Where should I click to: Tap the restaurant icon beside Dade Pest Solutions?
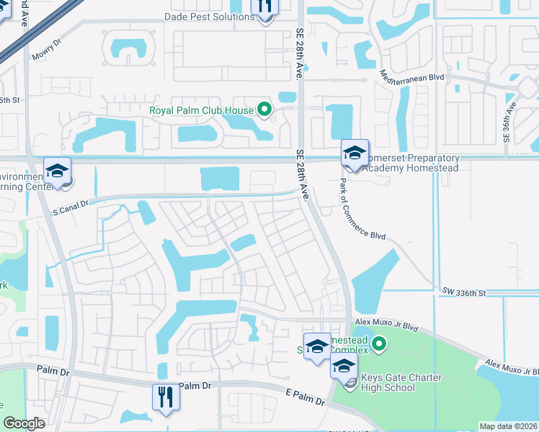tap(265, 8)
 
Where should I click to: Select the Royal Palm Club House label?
tap(201, 110)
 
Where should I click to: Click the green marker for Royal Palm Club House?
tap(264, 110)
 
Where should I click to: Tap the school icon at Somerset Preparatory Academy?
tap(355, 153)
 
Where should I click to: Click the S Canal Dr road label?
tap(70, 204)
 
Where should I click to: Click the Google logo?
tap(24, 423)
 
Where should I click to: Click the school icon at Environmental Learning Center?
tap(57, 171)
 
